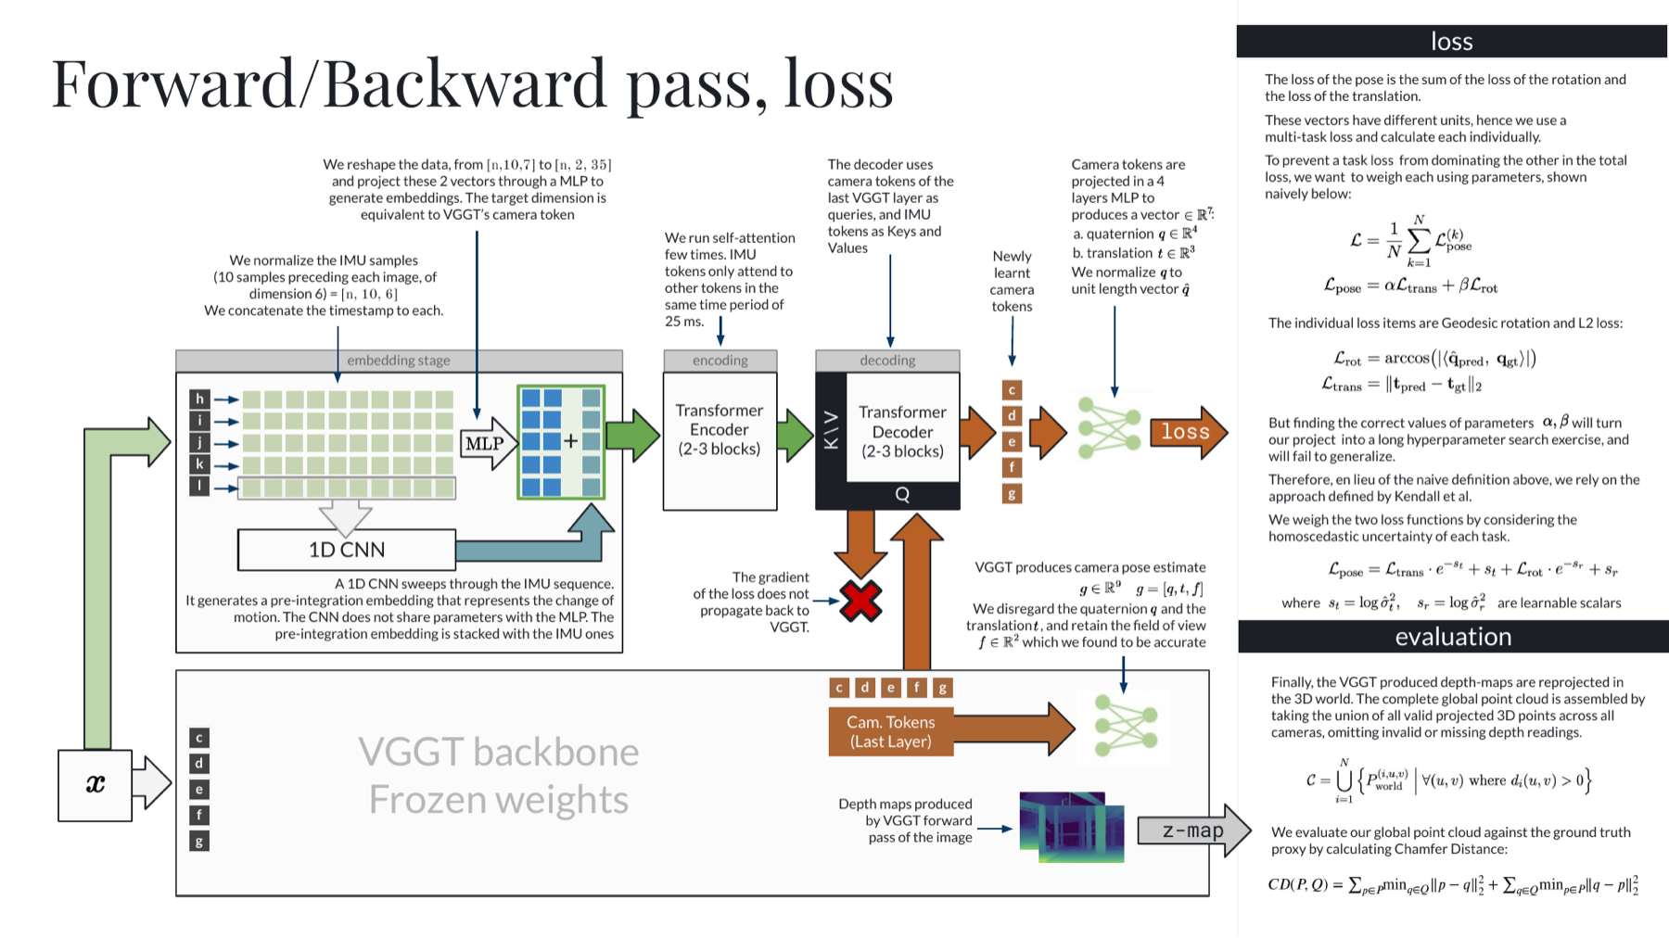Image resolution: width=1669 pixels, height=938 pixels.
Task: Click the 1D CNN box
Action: [347, 550]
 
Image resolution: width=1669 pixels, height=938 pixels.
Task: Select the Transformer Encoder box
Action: [720, 441]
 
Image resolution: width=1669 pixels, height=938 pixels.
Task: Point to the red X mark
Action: [861, 602]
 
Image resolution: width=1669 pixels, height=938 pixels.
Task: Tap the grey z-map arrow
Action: [1194, 830]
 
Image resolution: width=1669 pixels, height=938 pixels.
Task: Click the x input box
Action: [95, 785]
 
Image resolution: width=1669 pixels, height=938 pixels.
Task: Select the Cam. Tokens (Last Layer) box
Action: [890, 731]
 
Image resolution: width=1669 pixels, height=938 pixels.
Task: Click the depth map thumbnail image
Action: [1072, 827]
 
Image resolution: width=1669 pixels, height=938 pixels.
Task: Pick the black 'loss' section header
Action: [1452, 41]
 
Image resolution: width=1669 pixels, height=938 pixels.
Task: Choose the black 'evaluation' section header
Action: [1453, 637]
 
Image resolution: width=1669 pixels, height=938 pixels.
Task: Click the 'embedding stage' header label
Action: [399, 361]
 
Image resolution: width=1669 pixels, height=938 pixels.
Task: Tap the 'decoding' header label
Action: [887, 361]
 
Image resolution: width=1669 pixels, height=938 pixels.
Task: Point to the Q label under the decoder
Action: [902, 495]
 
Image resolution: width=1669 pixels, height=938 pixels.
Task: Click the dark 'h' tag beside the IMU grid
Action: [199, 399]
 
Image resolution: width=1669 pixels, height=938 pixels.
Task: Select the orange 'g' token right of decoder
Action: [1012, 494]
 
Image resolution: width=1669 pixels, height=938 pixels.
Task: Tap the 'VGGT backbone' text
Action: [499, 752]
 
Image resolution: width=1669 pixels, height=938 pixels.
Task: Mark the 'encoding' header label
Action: [720, 361]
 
